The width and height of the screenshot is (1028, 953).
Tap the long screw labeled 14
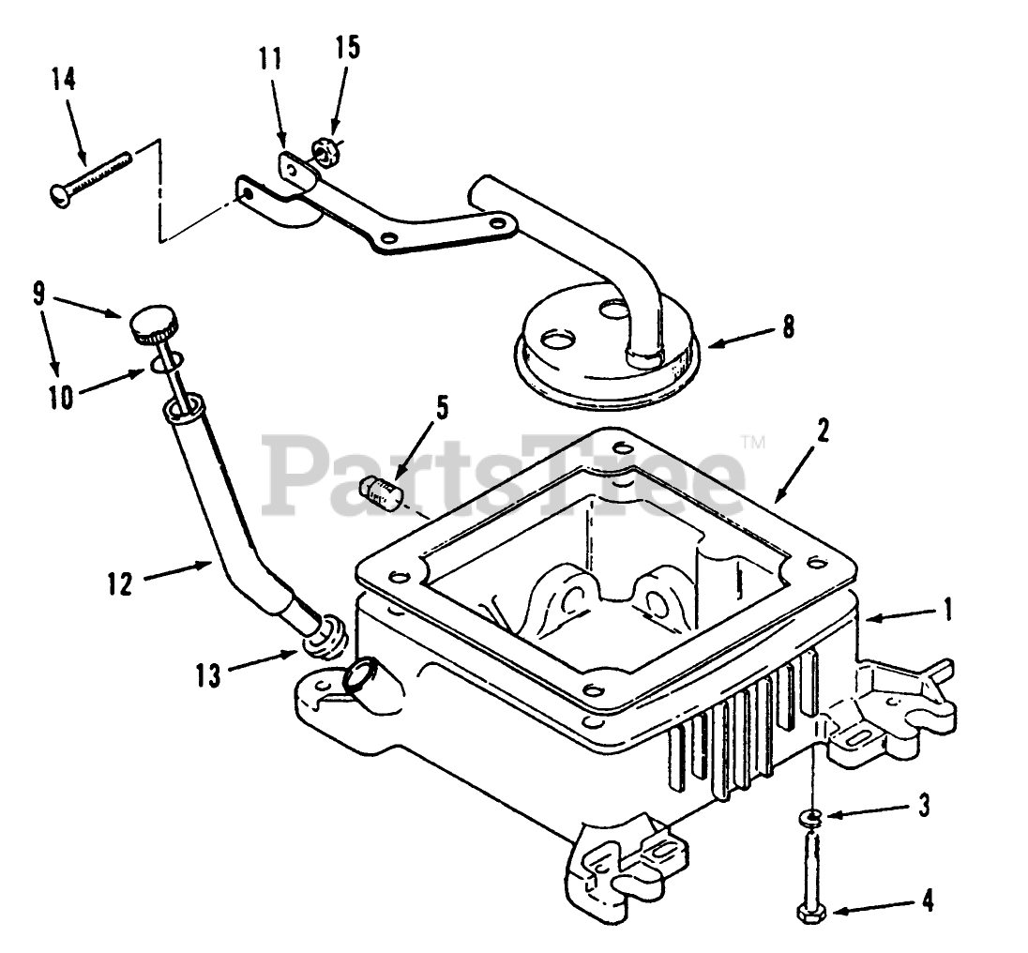(88, 175)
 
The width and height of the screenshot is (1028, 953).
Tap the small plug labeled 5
(381, 490)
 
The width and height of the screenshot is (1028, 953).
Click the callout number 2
(823, 431)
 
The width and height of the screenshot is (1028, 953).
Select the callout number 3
(924, 804)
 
